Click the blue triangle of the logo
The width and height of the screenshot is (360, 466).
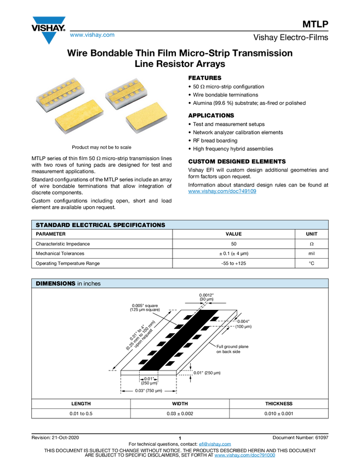[49, 38]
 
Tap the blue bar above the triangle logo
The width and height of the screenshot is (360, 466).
[49, 20]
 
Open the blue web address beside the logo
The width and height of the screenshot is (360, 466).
[92, 35]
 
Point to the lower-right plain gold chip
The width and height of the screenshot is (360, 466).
[144, 116]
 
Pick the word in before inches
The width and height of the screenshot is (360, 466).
[79, 283]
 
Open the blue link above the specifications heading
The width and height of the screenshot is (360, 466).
[222, 192]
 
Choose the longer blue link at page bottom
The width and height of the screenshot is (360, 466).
[244, 456]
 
